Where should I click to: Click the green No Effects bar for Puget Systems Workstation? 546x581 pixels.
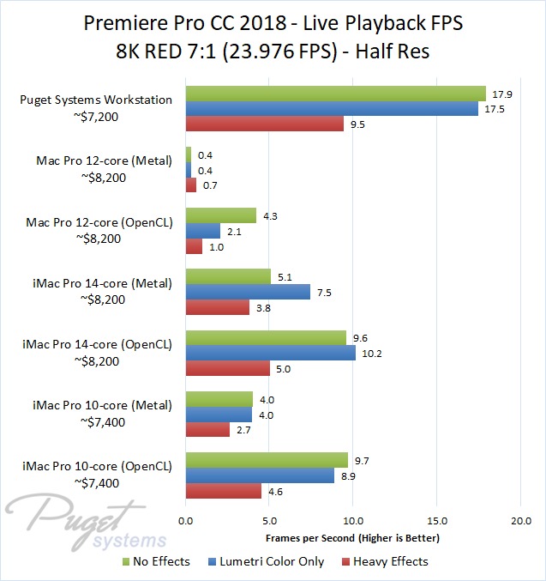(335, 94)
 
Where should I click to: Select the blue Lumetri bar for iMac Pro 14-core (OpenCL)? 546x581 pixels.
(270, 353)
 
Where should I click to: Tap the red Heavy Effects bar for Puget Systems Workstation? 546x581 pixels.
(264, 124)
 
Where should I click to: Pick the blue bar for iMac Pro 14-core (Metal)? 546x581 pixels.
(248, 292)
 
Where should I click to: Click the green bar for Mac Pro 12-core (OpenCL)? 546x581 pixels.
(220, 215)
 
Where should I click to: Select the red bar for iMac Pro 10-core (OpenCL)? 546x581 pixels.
(223, 491)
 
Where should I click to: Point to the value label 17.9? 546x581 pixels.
(498, 94)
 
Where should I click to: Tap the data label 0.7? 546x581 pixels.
(208, 185)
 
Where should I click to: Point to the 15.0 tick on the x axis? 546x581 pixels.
(437, 521)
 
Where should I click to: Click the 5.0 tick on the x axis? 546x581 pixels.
(269, 521)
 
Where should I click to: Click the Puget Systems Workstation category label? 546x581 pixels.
(96, 100)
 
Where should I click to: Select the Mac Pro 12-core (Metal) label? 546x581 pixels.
(104, 160)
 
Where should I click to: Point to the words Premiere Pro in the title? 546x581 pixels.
(133, 23)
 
